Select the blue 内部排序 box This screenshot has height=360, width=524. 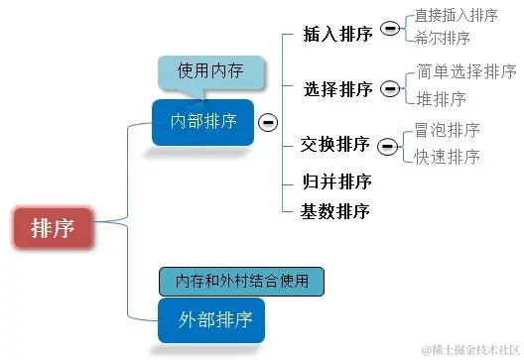pyautogui.click(x=203, y=122)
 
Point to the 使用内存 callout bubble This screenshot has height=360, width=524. pyautogui.click(x=209, y=71)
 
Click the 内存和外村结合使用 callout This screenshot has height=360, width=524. pyautogui.click(x=242, y=282)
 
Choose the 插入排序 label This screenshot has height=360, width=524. pyautogui.click(x=337, y=35)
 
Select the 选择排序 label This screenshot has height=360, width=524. pyautogui.click(x=337, y=90)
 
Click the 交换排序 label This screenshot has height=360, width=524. pyautogui.click(x=335, y=146)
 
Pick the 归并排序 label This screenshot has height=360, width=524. pyautogui.click(x=335, y=181)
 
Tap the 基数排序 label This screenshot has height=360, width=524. pyautogui.click(x=335, y=211)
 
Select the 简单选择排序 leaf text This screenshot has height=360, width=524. pyautogui.click(x=466, y=71)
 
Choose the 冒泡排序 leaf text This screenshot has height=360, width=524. pyautogui.click(x=448, y=131)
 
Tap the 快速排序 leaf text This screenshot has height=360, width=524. pyautogui.click(x=448, y=157)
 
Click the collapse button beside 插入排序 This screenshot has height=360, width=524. pyautogui.click(x=390, y=30)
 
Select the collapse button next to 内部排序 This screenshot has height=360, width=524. pyautogui.click(x=268, y=122)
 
